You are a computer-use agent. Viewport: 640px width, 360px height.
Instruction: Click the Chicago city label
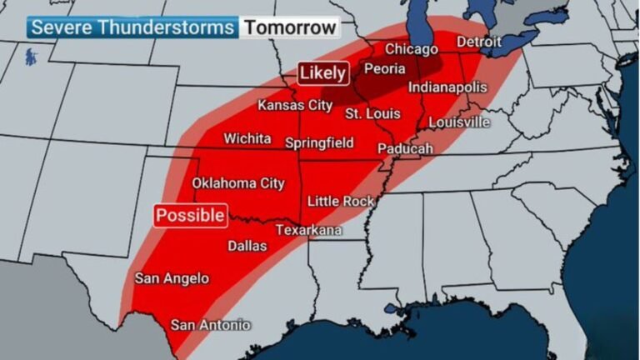click(x=411, y=49)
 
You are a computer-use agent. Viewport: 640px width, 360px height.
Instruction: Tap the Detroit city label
click(x=479, y=42)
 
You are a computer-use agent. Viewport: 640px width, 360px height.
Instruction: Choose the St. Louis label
click(x=372, y=113)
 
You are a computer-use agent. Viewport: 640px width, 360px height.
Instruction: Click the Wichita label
click(x=247, y=137)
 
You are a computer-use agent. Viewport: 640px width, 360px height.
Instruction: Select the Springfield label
click(x=320, y=142)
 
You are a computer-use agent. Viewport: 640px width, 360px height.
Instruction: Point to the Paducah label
click(x=406, y=148)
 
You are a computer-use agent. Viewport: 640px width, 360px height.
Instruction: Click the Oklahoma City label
click(x=238, y=182)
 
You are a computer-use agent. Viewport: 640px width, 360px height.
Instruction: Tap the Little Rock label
click(x=341, y=201)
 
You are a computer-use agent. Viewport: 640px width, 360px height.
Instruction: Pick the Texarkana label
click(x=308, y=229)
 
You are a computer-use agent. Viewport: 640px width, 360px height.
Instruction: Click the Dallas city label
click(x=247, y=246)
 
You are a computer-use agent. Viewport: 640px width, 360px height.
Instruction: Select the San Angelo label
click(x=172, y=278)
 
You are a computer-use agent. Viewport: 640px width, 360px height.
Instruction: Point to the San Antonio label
click(x=210, y=325)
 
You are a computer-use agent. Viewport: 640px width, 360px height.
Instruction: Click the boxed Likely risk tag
click(x=322, y=73)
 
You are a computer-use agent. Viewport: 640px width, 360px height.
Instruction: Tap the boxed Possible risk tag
click(x=191, y=215)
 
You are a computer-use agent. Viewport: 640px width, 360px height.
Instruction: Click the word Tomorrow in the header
click(x=291, y=27)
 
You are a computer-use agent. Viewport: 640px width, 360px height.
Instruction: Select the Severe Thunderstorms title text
click(x=132, y=27)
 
